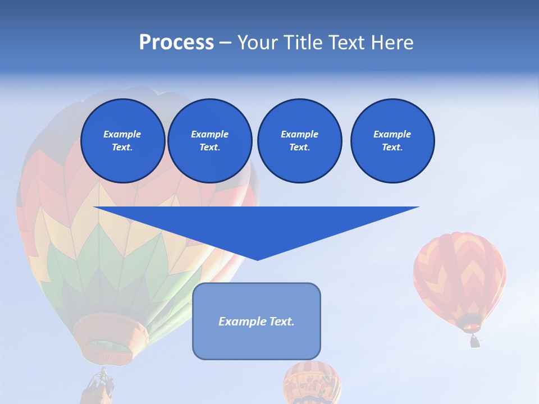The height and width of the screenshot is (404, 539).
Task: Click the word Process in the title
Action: pyautogui.click(x=176, y=43)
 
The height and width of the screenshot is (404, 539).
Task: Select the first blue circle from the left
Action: pyautogui.click(x=122, y=141)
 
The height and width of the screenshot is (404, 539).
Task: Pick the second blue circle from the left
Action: pyautogui.click(x=209, y=141)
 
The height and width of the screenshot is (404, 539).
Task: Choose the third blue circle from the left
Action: pyautogui.click(x=299, y=141)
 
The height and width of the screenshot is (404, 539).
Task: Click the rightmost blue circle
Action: pyautogui.click(x=392, y=141)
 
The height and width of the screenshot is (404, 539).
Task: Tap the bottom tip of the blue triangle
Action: pyautogui.click(x=257, y=259)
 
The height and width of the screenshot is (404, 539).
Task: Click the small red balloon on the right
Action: pyautogui.click(x=459, y=275)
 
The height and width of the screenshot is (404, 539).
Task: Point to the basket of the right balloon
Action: pyautogui.click(x=475, y=341)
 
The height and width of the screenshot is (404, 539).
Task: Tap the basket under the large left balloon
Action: pyautogui.click(x=100, y=387)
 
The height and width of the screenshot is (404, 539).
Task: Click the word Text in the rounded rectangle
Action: pyautogui.click(x=280, y=322)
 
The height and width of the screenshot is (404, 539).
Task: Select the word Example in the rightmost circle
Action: pyautogui.click(x=392, y=134)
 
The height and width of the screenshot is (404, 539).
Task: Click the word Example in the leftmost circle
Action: pyautogui.click(x=122, y=134)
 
